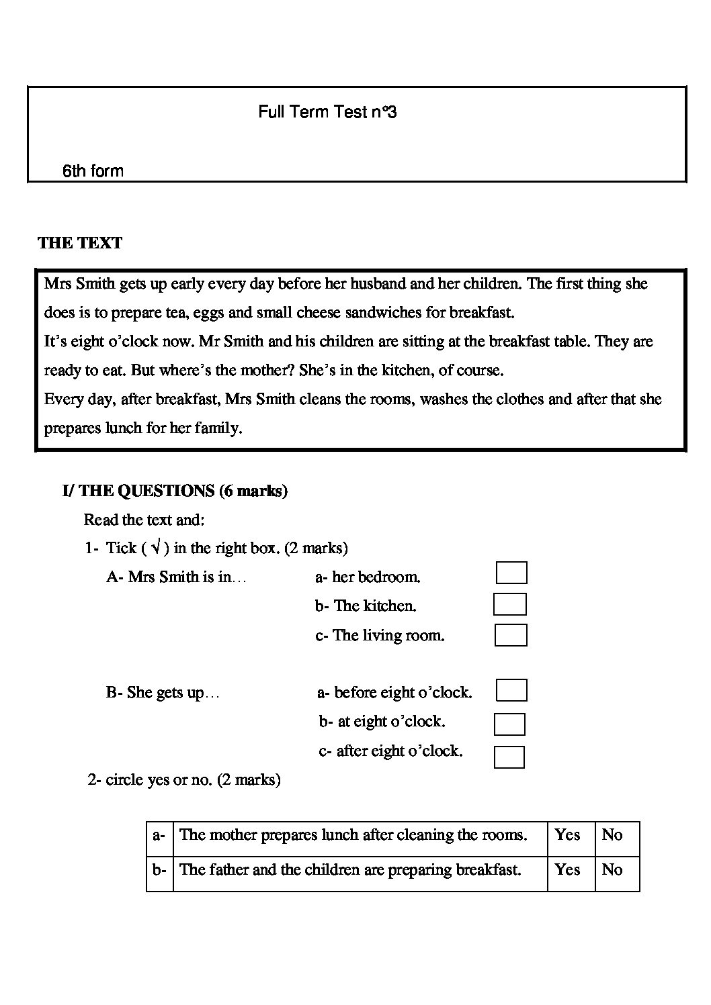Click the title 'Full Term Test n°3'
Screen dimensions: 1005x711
pos(327,112)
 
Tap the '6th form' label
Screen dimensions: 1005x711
pos(93,171)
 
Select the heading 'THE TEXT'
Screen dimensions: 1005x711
pos(80,243)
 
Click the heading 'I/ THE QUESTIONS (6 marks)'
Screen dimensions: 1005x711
pos(175,491)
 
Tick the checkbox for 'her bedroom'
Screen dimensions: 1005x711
pos(511,573)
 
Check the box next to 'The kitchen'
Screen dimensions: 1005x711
pos(509,604)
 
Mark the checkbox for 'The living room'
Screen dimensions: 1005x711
pos(511,635)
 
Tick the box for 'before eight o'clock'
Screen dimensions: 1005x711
pos(511,690)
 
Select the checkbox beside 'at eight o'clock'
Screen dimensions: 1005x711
pos(509,724)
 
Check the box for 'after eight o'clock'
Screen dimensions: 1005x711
pos(509,757)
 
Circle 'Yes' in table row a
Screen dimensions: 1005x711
pos(567,835)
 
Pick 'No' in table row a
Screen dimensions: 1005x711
pos(612,835)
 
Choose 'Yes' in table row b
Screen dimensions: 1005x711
pos(567,870)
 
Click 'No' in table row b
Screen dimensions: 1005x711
pos(612,870)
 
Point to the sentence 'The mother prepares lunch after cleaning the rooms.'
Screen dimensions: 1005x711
pos(353,835)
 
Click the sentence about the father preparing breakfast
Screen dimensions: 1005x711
pos(350,870)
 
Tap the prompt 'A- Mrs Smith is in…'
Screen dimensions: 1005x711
pos(176,577)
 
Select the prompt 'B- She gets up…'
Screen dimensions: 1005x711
pos(162,693)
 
